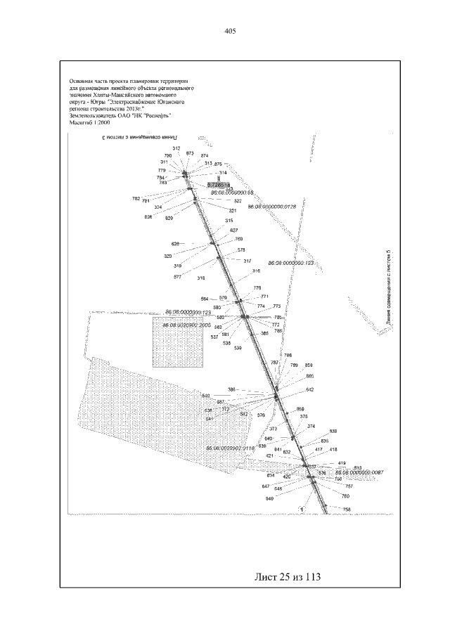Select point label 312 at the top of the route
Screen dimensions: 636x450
pos(176,148)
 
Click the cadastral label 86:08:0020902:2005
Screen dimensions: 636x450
pos(187,326)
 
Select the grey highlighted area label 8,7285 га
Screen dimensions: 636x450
pos(219,183)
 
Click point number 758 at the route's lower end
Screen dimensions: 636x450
pos(347,509)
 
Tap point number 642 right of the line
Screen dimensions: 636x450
pos(309,389)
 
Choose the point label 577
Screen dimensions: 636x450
pos(177,277)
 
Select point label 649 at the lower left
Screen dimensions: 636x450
pos(269,498)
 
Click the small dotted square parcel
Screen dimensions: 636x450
pos(179,342)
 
